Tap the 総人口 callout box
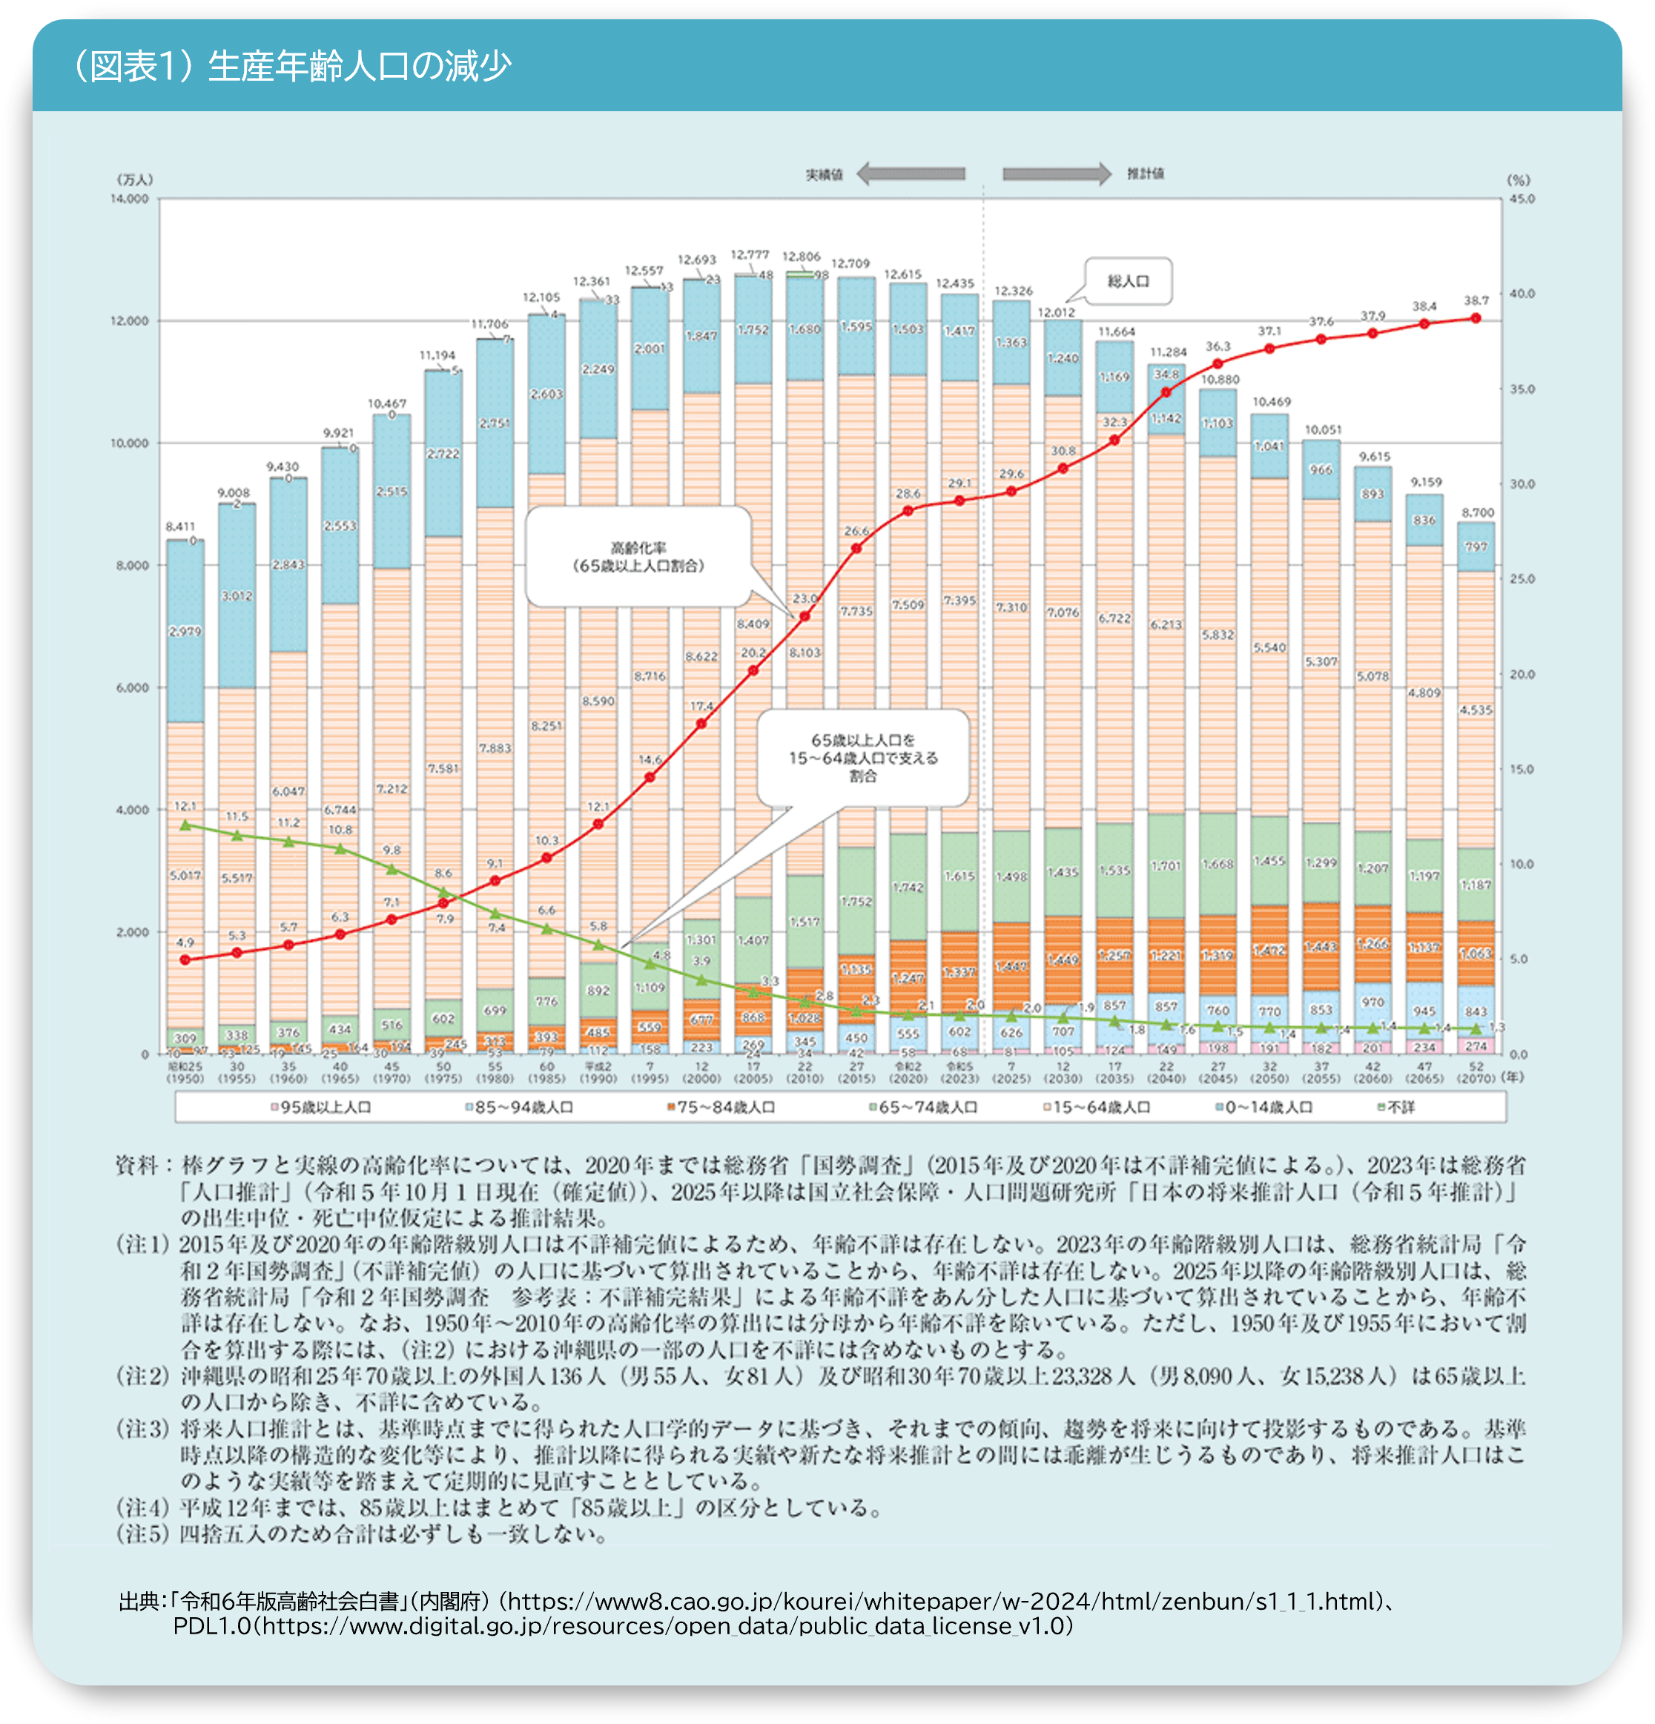click(x=1129, y=282)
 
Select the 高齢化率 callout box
click(x=638, y=558)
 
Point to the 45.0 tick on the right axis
click(x=1522, y=199)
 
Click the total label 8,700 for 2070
click(x=1477, y=512)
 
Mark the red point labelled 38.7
click(x=1476, y=318)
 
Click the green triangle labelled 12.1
click(x=185, y=825)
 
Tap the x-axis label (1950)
click(x=185, y=1078)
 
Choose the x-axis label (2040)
click(x=1166, y=1078)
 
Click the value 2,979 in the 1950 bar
click(x=185, y=632)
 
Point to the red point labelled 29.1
click(x=959, y=501)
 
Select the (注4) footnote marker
click(x=142, y=1507)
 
